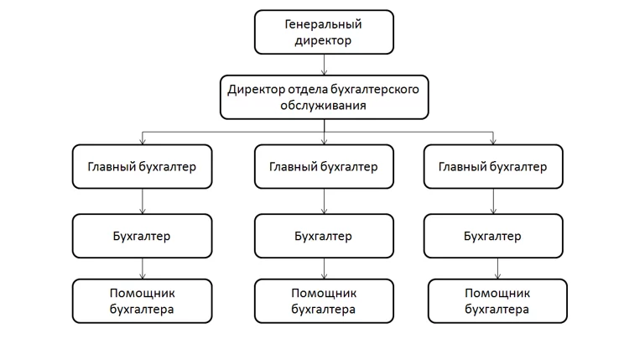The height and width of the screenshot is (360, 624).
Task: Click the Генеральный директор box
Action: point(324,32)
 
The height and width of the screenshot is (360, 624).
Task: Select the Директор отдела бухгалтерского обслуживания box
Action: point(325,97)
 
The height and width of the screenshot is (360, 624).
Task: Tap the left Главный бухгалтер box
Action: point(142,166)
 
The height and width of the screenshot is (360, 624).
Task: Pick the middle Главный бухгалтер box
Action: point(324,166)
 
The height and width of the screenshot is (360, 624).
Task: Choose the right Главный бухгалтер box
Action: point(493,166)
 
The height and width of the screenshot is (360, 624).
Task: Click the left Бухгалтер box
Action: point(142,236)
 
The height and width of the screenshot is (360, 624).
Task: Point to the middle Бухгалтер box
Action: point(324,236)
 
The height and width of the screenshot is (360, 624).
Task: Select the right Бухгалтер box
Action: point(493,236)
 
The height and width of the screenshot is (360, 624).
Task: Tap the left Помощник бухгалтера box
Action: point(142,301)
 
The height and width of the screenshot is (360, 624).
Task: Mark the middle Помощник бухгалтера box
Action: point(324,301)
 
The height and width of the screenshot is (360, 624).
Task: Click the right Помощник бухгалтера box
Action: point(497,301)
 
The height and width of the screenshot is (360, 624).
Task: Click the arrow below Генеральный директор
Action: point(324,65)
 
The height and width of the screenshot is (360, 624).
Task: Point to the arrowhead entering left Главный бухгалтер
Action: point(143,141)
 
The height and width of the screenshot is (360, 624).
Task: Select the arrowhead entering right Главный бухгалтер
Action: point(493,141)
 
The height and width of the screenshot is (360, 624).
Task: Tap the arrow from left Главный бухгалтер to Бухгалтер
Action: point(143,201)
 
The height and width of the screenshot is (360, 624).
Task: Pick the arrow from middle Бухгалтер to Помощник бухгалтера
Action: point(324,269)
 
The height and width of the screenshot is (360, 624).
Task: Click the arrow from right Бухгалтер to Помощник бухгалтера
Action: point(497,269)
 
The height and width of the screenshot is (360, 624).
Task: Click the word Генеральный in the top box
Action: point(323,24)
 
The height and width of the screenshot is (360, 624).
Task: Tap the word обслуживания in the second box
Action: point(323,106)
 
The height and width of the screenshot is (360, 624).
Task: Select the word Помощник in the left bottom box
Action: point(142,294)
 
